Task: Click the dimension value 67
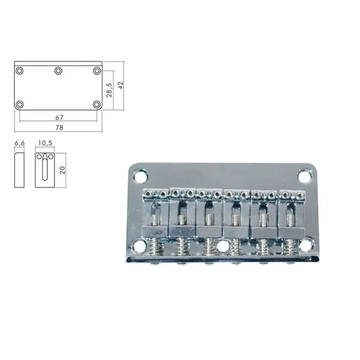(x=59, y=118)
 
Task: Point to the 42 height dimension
(x=121, y=85)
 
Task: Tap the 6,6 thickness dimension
(x=20, y=143)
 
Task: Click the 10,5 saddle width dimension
(x=45, y=143)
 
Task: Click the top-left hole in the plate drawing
(x=20, y=70)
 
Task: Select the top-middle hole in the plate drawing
(x=58, y=70)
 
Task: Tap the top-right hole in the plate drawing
(x=97, y=70)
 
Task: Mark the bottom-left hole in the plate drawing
(x=20, y=105)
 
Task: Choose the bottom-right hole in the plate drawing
(x=97, y=105)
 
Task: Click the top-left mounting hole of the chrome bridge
(x=139, y=177)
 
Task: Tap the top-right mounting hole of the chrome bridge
(x=304, y=177)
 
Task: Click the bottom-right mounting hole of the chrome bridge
(x=305, y=246)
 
